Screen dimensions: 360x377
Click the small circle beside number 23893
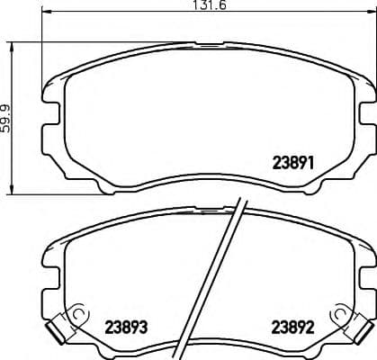tap(78, 314)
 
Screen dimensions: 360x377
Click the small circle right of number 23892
tap(339, 314)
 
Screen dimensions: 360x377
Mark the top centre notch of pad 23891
tap(208, 43)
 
